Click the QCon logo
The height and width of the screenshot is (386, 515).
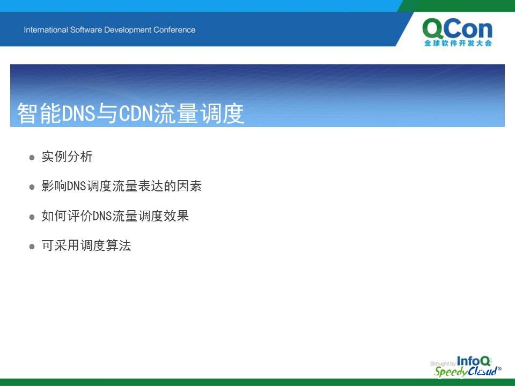tap(458, 32)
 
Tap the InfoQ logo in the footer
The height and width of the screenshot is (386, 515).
tap(474, 361)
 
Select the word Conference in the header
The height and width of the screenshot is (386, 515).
tap(174, 30)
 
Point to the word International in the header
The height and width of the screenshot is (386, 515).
tap(46, 30)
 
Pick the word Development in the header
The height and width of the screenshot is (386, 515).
tap(128, 30)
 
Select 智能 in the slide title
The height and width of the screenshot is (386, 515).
tap(39, 113)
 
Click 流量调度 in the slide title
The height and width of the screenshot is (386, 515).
tap(198, 113)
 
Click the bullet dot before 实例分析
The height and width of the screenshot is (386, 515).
tap(32, 158)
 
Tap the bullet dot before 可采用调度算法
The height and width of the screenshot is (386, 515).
tap(32, 246)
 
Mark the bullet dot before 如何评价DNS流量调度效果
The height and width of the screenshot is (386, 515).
tap(32, 217)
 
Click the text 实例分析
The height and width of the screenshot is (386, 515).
tap(67, 156)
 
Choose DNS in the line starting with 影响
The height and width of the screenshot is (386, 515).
tap(77, 186)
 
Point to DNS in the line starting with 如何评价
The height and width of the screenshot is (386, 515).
tap(102, 216)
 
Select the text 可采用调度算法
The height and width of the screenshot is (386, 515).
tap(86, 245)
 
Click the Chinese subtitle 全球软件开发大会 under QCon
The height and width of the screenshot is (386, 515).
tap(458, 43)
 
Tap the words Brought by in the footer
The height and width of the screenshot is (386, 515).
tap(443, 363)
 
